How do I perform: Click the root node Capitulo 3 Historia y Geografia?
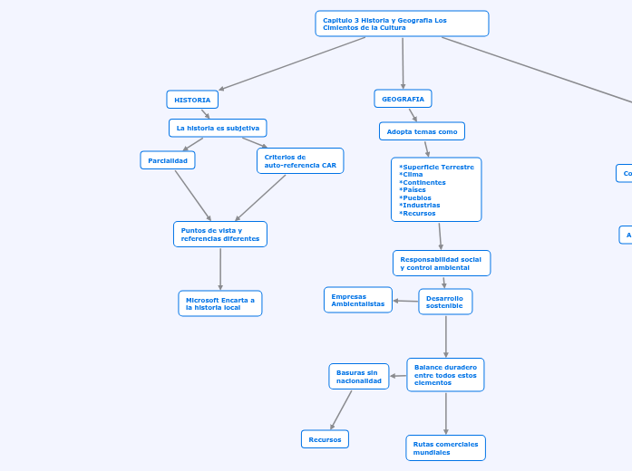(x=402, y=24)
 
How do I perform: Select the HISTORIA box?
(x=192, y=100)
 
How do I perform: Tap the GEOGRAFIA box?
(x=403, y=99)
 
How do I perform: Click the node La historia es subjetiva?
(x=218, y=128)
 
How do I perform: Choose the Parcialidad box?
(x=168, y=160)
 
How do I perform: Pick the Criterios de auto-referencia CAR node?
(x=300, y=161)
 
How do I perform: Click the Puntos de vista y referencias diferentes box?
(x=220, y=235)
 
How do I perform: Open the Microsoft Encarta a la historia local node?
(x=220, y=303)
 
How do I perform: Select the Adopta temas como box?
(x=422, y=131)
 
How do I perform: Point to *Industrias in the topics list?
(x=419, y=206)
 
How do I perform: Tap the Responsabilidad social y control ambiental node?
(x=442, y=264)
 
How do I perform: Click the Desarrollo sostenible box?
(x=445, y=302)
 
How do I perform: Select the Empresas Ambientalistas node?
(x=358, y=300)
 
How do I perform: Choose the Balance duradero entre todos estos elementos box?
(x=445, y=375)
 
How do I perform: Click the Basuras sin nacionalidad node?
(x=359, y=377)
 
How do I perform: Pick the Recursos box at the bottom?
(x=325, y=439)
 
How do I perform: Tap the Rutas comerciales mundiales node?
(x=445, y=448)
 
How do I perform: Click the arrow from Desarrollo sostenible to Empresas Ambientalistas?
(x=405, y=301)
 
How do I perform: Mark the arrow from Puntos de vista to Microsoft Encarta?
(x=220, y=269)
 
